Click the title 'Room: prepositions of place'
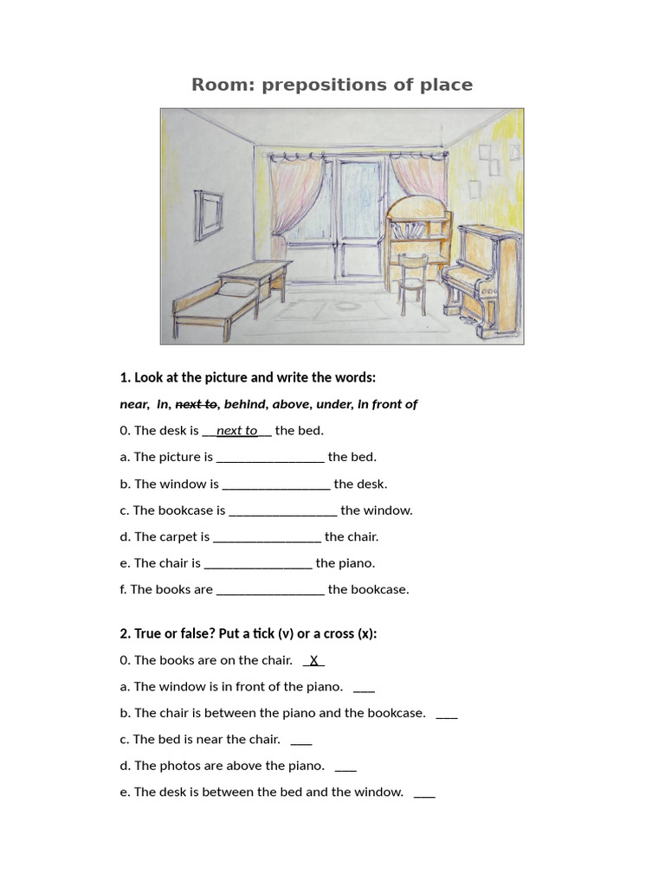[332, 85]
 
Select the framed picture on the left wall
[208, 214]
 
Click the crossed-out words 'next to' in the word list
[197, 404]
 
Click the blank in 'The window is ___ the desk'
[276, 485]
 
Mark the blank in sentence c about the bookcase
[282, 510]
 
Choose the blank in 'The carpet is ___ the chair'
[267, 537]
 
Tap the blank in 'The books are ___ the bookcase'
[270, 590]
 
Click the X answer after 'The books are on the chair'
[314, 660]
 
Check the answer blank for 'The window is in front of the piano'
[364, 688]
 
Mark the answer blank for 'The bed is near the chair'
[300, 741]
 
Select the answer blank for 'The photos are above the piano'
[345, 767]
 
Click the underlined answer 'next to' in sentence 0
[236, 431]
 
